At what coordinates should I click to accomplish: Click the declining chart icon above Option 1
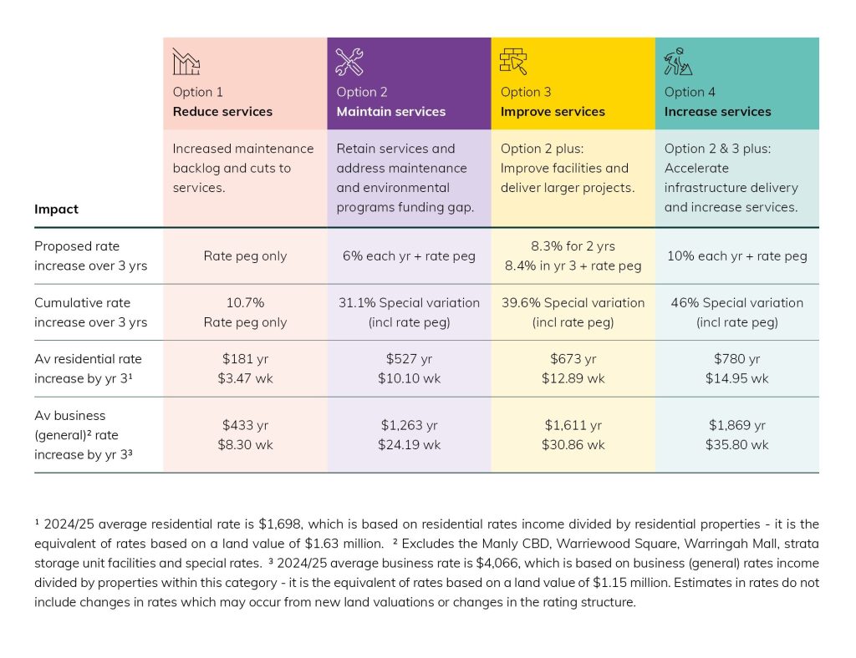click(x=186, y=62)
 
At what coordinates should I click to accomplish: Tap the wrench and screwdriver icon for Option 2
click(x=349, y=62)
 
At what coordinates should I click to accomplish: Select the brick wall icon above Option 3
click(x=513, y=62)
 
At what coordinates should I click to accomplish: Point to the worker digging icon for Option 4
click(x=676, y=62)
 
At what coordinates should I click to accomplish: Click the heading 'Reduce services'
click(x=222, y=112)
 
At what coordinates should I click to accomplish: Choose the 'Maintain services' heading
click(x=390, y=112)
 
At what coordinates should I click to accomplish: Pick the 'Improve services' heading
click(x=553, y=112)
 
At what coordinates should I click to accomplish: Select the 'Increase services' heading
click(x=717, y=112)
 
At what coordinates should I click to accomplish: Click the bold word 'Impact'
click(x=56, y=210)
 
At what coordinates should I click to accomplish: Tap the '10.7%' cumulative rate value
click(x=245, y=303)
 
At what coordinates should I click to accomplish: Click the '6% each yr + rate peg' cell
click(x=408, y=256)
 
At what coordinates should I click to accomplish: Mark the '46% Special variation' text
click(x=736, y=303)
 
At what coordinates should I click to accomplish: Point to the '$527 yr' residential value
click(x=409, y=359)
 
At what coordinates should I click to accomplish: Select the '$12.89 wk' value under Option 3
click(x=573, y=378)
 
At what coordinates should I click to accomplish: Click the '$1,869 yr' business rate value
click(x=736, y=425)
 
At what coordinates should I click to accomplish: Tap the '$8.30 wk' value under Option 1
click(x=245, y=444)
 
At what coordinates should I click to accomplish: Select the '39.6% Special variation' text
click(x=573, y=303)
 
